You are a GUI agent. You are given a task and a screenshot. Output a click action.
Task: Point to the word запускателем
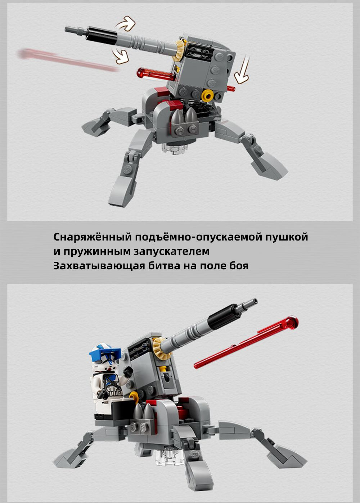click(171, 251)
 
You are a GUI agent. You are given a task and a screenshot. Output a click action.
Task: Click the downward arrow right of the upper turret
click(242, 69)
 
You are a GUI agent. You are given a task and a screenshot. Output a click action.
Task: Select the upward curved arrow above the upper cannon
click(126, 23)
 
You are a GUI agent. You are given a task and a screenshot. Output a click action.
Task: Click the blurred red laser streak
click(67, 60)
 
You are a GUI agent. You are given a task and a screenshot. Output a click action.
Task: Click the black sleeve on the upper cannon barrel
click(102, 36)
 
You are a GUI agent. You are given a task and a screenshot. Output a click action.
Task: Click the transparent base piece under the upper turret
click(175, 148)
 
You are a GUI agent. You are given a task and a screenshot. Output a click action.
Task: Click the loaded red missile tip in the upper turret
click(141, 73)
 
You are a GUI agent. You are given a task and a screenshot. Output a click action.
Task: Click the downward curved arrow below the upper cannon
click(121, 57)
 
